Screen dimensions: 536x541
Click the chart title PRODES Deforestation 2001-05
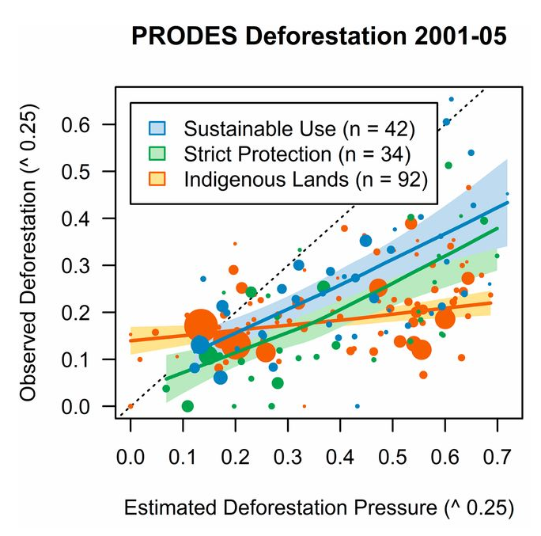[319, 37]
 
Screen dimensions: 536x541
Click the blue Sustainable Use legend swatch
[157, 127]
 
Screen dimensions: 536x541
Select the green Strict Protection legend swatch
[157, 153]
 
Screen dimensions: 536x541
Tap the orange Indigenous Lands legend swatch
[157, 179]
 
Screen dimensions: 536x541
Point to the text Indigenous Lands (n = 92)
[305, 179]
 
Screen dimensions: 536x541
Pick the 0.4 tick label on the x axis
[340, 457]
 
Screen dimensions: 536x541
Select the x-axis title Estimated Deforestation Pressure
[319, 507]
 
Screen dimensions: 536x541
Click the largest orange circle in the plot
[200, 325]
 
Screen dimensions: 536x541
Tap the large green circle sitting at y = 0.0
[187, 406]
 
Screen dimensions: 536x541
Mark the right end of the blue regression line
[508, 202]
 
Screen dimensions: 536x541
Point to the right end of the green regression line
[498, 228]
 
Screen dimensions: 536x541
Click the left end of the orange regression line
[131, 340]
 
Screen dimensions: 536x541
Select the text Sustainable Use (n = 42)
[299, 127]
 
